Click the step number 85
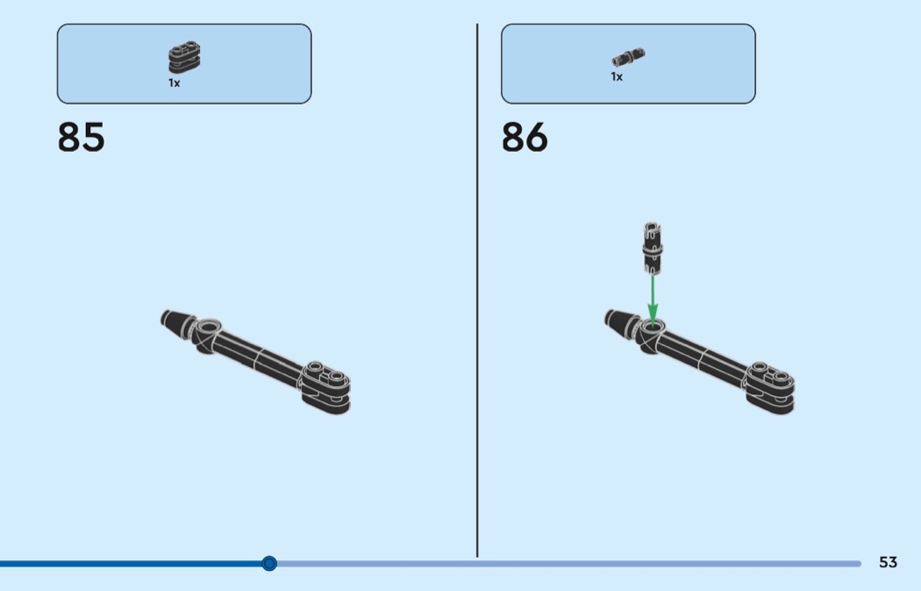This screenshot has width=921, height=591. coord(81,137)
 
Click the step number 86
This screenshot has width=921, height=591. coord(525,137)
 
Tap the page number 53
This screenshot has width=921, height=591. coord(888,562)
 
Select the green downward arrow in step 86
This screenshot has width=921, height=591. coord(653,299)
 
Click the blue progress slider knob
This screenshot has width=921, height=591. coord(269,564)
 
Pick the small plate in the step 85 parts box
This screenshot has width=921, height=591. coord(184,57)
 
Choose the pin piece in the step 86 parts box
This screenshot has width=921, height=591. coord(628,57)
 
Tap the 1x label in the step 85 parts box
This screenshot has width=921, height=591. coord(174,83)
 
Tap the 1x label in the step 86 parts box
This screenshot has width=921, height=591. coord(616,76)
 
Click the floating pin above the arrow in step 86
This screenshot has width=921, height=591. coord(652,249)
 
